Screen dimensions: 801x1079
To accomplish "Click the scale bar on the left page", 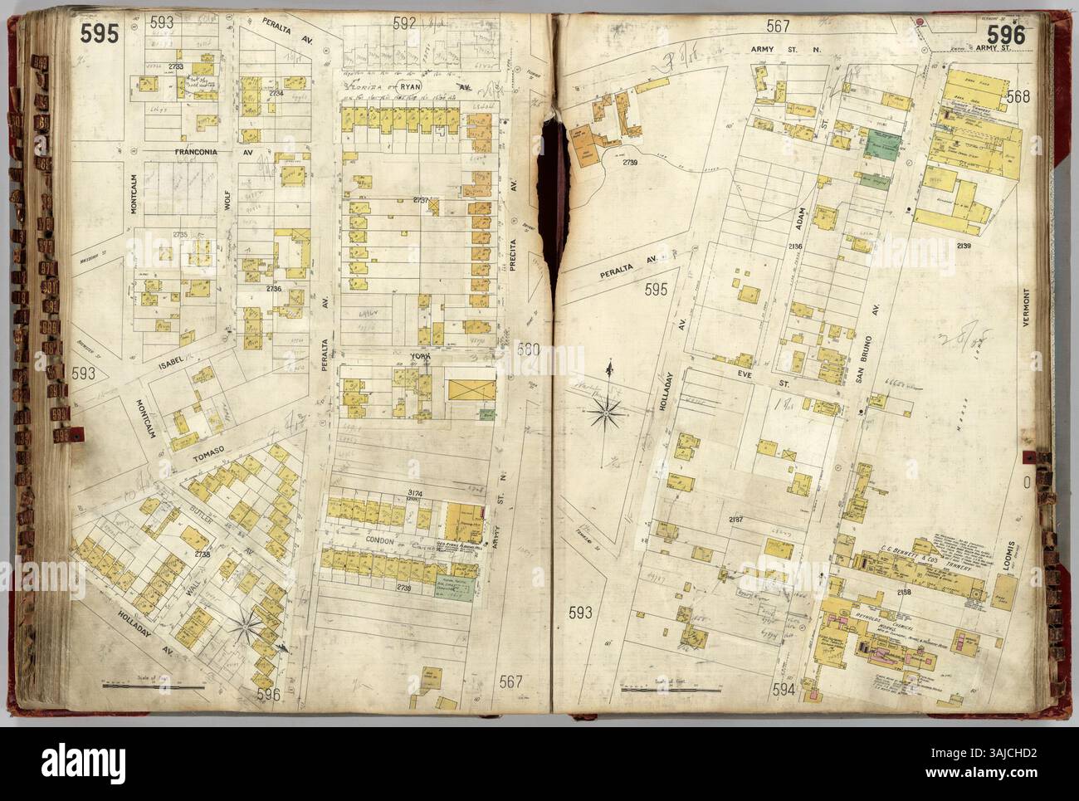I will tap(153, 686).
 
